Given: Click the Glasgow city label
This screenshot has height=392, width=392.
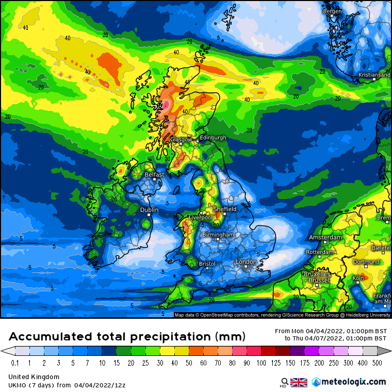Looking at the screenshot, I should click(181, 139).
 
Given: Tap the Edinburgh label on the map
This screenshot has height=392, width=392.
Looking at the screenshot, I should click(213, 138).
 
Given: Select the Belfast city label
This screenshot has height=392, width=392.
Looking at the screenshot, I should click(154, 174).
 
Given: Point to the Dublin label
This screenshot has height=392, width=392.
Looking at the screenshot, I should click(150, 210).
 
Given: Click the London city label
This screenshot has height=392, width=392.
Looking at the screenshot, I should click(246, 262).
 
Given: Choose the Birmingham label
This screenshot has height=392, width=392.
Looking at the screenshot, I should click(218, 235).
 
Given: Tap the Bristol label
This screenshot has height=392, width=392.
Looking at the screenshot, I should click(207, 264).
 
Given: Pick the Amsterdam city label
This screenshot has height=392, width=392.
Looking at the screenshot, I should click(325, 237).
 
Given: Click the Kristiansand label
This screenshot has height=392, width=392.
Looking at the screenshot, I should click(374, 75).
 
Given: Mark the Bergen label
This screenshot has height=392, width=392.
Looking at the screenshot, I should click(332, 11).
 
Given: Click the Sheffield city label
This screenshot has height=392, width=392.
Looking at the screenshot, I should click(225, 209).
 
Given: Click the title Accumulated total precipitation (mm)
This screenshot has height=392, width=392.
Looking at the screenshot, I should click(127, 336).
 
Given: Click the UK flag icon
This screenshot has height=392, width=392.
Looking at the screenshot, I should click(299, 382).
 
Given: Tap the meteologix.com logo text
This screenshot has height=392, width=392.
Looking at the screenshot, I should click(353, 382).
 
